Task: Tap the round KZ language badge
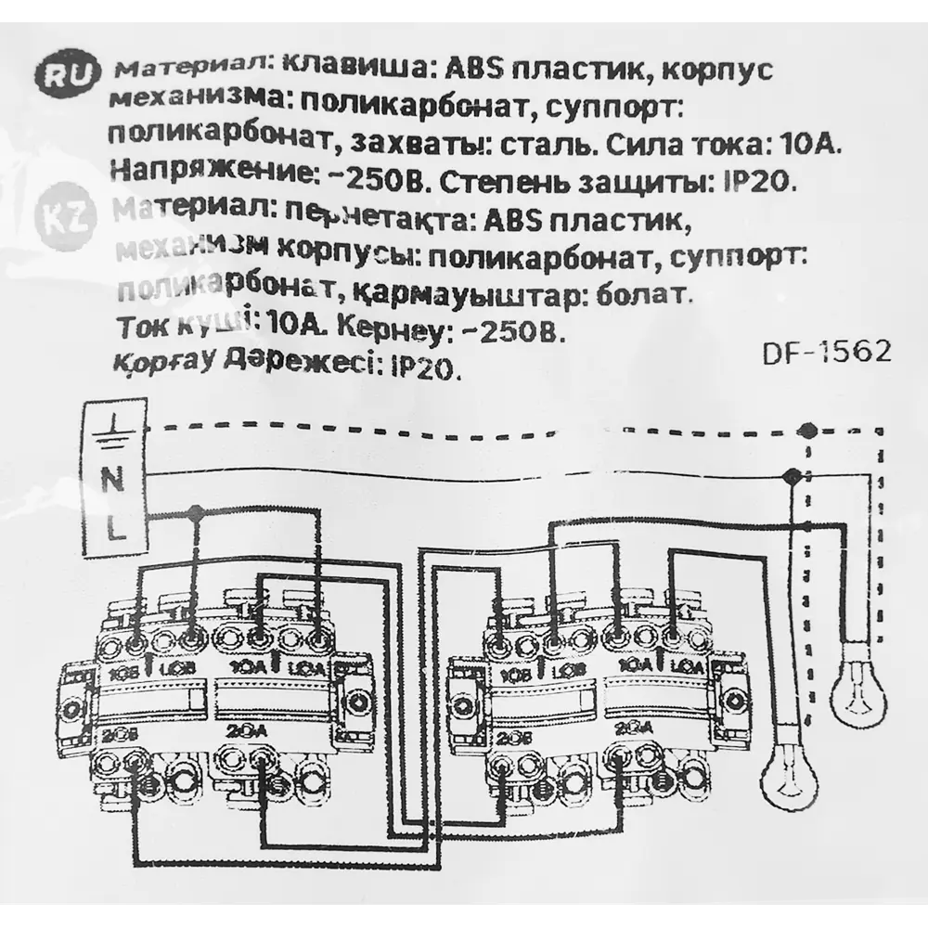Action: (x=62, y=220)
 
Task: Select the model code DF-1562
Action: (x=827, y=353)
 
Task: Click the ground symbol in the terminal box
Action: (x=112, y=430)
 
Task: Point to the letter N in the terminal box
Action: (x=112, y=481)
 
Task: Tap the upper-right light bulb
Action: (x=857, y=690)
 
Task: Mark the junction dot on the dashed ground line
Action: (x=808, y=430)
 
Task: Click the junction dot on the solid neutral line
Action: (x=791, y=475)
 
